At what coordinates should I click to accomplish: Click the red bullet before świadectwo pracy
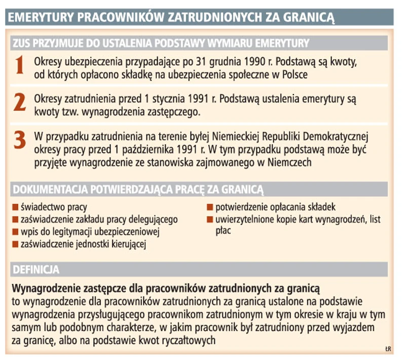pos(16,207)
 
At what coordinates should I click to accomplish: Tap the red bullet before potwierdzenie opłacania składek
pos(209,207)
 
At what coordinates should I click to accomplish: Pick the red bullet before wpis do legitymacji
pos(16,233)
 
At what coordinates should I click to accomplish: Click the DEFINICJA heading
pos(36,268)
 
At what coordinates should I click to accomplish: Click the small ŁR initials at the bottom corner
pos(388,349)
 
